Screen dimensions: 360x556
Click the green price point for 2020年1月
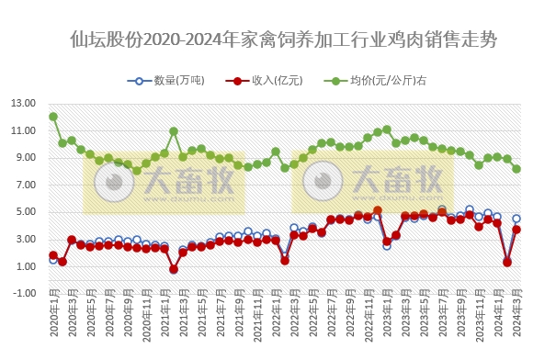(53, 117)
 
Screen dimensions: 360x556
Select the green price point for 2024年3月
(516, 169)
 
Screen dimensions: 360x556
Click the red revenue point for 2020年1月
(53, 255)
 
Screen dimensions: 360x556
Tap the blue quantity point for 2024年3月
(516, 219)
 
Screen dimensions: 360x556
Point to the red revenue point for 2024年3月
(516, 230)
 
